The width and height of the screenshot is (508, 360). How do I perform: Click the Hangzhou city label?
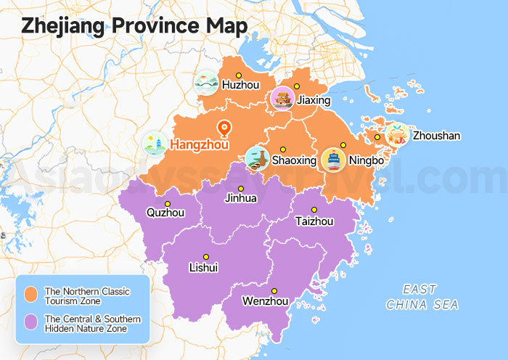pyautogui.click(x=200, y=145)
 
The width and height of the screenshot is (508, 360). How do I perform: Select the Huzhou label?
pyautogui.click(x=240, y=85)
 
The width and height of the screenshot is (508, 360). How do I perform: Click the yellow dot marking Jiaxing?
pyautogui.click(x=297, y=86)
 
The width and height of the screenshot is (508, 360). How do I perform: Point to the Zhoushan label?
pyautogui.click(x=436, y=136)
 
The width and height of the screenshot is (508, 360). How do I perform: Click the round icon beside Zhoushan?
pyautogui.click(x=397, y=134)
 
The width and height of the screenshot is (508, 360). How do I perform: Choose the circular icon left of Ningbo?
pyautogui.click(x=333, y=160)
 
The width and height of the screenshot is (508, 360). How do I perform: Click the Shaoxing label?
pyautogui.click(x=294, y=160)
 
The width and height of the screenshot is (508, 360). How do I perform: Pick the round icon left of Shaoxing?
pyautogui.click(x=257, y=159)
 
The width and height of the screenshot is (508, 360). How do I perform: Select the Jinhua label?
pyautogui.click(x=241, y=198)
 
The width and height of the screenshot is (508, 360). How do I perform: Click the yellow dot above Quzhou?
pyautogui.click(x=168, y=203)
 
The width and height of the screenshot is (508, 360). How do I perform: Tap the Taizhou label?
pyautogui.click(x=314, y=221)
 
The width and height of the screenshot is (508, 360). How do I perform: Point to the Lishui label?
pyautogui.click(x=203, y=268)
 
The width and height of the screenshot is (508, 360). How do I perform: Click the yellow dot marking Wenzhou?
pyautogui.click(x=274, y=290)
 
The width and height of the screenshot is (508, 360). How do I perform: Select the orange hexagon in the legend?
pyautogui.click(x=31, y=295)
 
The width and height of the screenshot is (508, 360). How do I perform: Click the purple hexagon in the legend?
pyautogui.click(x=31, y=323)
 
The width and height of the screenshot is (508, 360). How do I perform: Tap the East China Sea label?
pyautogui.click(x=422, y=297)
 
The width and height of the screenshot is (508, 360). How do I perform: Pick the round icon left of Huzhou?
pyautogui.click(x=207, y=84)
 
